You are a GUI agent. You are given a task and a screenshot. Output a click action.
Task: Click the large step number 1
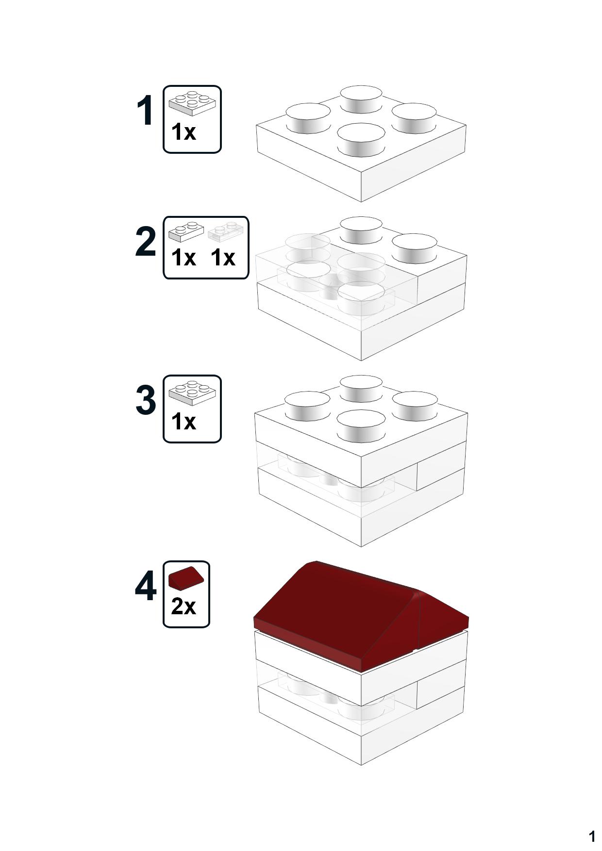pos(145,111)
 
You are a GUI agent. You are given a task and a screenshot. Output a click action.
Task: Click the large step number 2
pos(145,242)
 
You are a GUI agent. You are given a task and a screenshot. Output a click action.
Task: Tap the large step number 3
pos(145,400)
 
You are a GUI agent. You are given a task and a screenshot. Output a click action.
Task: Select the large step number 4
pos(145,586)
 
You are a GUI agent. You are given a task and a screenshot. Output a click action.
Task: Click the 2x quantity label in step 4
pos(183,606)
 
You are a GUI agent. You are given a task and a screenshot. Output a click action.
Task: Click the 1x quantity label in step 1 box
pos(183,132)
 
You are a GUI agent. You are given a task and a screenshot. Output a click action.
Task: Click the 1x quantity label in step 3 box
pos(183,422)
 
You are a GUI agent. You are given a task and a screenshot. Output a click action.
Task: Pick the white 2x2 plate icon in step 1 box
pos(192,103)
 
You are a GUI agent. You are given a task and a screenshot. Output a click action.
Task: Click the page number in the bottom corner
pos(591,836)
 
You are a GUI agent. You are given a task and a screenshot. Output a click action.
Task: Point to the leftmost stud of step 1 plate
pos(308,117)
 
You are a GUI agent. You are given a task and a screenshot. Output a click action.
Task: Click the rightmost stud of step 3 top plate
pos(414,405)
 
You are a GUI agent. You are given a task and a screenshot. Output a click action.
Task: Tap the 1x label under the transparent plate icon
pos(223,258)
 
